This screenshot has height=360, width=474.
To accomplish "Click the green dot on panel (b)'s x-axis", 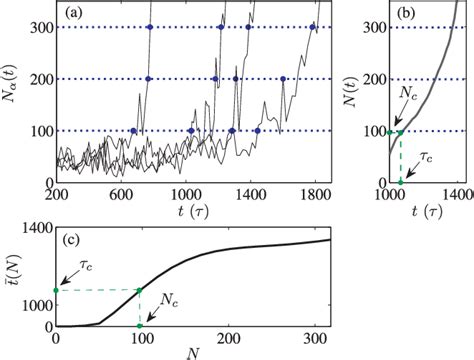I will point(401,182).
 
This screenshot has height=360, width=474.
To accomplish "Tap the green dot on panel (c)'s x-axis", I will point(139,326).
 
